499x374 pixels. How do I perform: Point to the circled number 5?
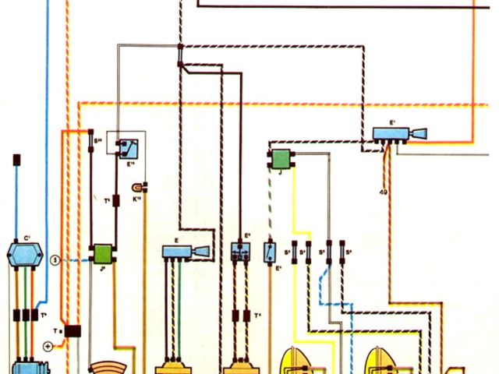pos(55,259)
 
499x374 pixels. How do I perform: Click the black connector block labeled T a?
pos(73,331)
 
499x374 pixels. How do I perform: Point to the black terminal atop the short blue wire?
pos(16,161)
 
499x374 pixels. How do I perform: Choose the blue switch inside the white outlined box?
pos(126,146)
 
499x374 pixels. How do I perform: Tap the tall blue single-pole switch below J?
pos(270,252)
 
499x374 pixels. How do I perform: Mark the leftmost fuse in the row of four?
pos(295,253)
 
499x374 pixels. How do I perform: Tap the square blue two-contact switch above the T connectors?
pos(240,251)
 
